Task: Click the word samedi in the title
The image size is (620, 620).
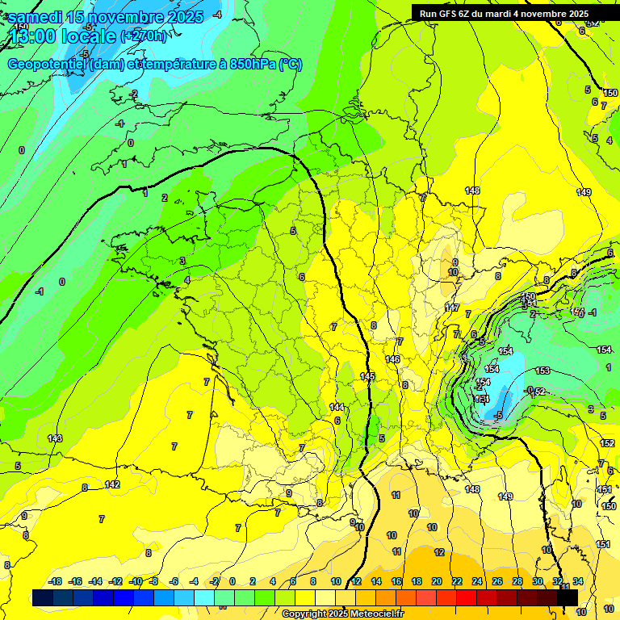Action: point(36,16)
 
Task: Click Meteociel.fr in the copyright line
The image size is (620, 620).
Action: point(371,614)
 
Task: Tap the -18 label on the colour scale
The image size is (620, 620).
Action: point(55,581)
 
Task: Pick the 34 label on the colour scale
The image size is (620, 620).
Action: point(578,581)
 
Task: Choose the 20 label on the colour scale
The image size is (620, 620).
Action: point(437,581)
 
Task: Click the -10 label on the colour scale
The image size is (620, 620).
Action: point(136,581)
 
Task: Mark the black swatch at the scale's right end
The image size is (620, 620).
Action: point(568,597)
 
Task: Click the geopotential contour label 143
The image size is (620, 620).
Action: point(55,438)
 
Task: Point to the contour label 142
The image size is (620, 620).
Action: point(112,484)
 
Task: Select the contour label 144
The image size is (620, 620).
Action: point(337,407)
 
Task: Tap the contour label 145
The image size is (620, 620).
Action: point(367,377)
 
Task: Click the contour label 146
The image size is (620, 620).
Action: point(393,359)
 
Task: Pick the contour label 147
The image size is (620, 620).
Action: point(452,308)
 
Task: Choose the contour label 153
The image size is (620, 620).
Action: point(542,371)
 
